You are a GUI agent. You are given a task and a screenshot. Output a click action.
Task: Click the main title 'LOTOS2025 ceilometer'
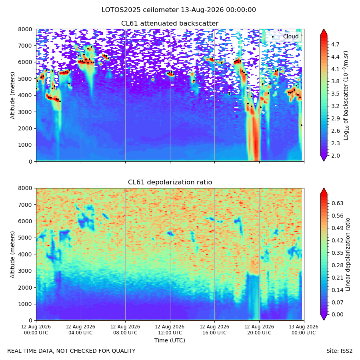pos(140,10)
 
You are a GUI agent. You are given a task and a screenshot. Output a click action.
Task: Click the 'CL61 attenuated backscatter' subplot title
pos(170,24)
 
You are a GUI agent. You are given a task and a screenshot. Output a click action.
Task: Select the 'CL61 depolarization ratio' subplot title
pos(170,182)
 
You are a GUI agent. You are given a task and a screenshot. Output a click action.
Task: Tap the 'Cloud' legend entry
pos(291,36)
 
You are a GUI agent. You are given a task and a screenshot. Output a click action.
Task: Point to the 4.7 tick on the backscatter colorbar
pos(335,44)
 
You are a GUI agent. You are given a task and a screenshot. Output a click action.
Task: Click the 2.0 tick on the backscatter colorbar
pos(335,156)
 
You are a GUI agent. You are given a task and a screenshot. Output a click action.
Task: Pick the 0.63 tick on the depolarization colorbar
pos(337,204)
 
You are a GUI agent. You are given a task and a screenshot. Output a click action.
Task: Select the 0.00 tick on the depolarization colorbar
pos(337,314)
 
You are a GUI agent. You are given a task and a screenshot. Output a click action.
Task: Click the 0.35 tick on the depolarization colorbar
pos(337,253)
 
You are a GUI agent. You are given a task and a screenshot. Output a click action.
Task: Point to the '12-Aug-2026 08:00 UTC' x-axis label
pos(125,330)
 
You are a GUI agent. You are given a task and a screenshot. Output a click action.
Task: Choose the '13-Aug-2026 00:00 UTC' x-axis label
pos(304,330)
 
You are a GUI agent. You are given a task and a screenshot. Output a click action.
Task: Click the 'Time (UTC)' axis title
pos(170,340)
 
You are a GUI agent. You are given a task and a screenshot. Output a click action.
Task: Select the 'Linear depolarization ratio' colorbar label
pos(348,254)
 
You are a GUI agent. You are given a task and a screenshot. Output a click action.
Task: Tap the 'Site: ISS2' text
pos(339,351)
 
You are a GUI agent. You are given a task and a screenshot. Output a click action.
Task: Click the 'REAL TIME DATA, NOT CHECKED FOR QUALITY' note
pos(72,351)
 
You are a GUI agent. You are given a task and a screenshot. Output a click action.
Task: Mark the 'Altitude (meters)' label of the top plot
pos(12,96)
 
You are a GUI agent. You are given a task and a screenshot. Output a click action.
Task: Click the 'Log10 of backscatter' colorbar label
pos(346,96)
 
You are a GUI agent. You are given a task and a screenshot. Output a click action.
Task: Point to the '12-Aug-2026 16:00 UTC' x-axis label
pos(214,330)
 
